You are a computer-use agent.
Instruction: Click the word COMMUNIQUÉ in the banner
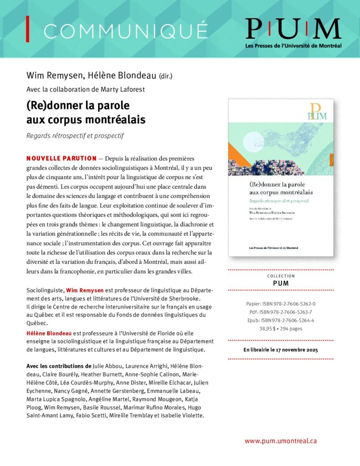point(126,30)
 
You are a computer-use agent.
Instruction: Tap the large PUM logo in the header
point(293,29)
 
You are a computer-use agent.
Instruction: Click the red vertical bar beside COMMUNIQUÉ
point(28,29)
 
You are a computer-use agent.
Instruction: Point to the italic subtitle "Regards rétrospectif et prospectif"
point(75,136)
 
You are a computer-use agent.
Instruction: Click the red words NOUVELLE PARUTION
point(61,158)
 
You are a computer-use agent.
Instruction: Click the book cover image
point(281,177)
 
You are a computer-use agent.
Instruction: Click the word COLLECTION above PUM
point(281,276)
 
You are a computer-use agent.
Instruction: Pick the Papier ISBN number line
point(281,304)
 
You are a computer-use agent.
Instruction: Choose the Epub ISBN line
point(281,320)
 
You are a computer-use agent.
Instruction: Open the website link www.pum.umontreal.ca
point(280,441)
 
